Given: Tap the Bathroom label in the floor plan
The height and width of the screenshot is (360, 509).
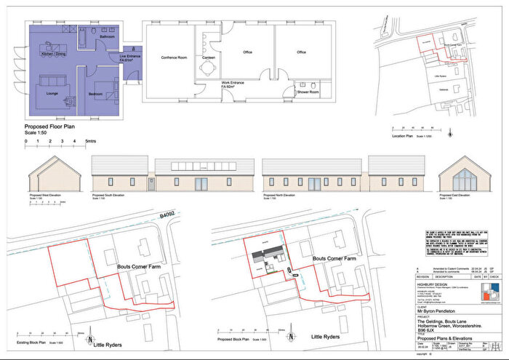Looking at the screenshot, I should tap(108, 36).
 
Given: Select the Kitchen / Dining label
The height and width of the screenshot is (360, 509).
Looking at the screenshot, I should tap(54, 55).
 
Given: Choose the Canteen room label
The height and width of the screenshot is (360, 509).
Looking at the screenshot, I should tap(209, 60).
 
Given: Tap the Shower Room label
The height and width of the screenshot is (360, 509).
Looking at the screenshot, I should tap(308, 92).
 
